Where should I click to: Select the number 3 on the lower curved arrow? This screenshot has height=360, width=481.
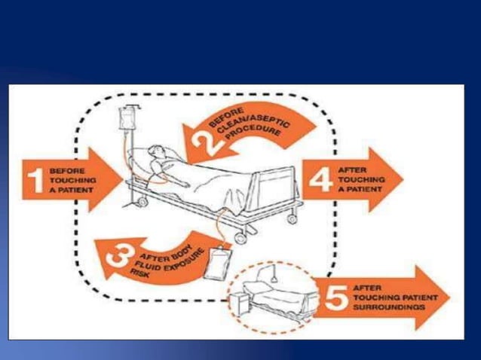119,259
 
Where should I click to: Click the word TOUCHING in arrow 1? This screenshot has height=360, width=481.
69,181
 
